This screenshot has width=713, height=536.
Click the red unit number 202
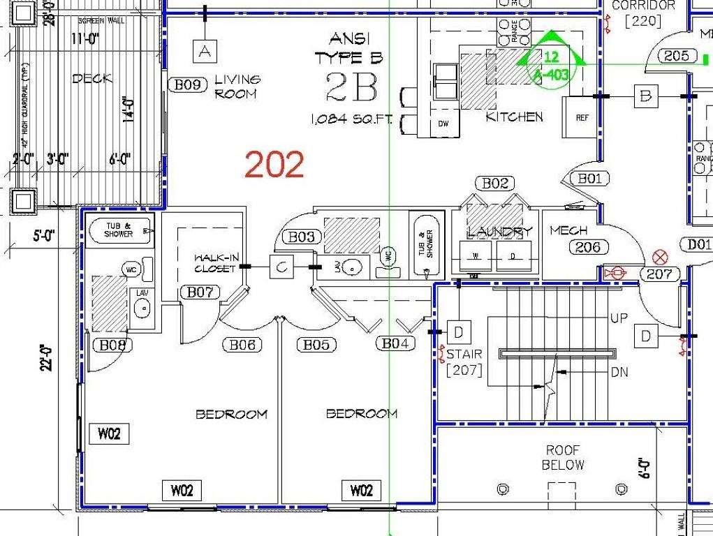274,165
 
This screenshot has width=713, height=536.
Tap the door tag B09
188,85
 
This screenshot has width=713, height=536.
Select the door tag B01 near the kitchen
589,179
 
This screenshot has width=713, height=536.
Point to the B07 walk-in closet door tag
200,292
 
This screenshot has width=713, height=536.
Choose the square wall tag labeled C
281,266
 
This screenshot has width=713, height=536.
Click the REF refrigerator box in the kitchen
581,118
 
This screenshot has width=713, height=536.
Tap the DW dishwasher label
443,124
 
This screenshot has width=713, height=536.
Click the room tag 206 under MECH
589,247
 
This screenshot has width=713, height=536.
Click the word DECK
92,79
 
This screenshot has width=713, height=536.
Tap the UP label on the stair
619,318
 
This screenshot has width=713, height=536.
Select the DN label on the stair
619,373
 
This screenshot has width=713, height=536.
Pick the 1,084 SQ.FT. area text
351,120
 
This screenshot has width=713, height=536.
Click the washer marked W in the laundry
476,256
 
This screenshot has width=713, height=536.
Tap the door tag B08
112,345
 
